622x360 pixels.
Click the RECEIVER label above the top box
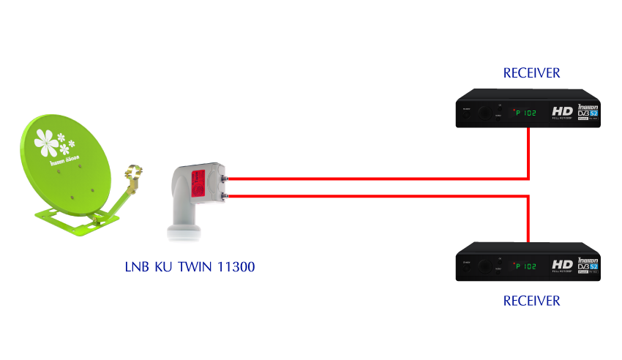(x=531, y=72)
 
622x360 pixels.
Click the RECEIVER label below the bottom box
(x=531, y=301)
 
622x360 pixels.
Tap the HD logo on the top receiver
(x=562, y=110)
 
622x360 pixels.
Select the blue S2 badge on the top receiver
(x=593, y=114)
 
